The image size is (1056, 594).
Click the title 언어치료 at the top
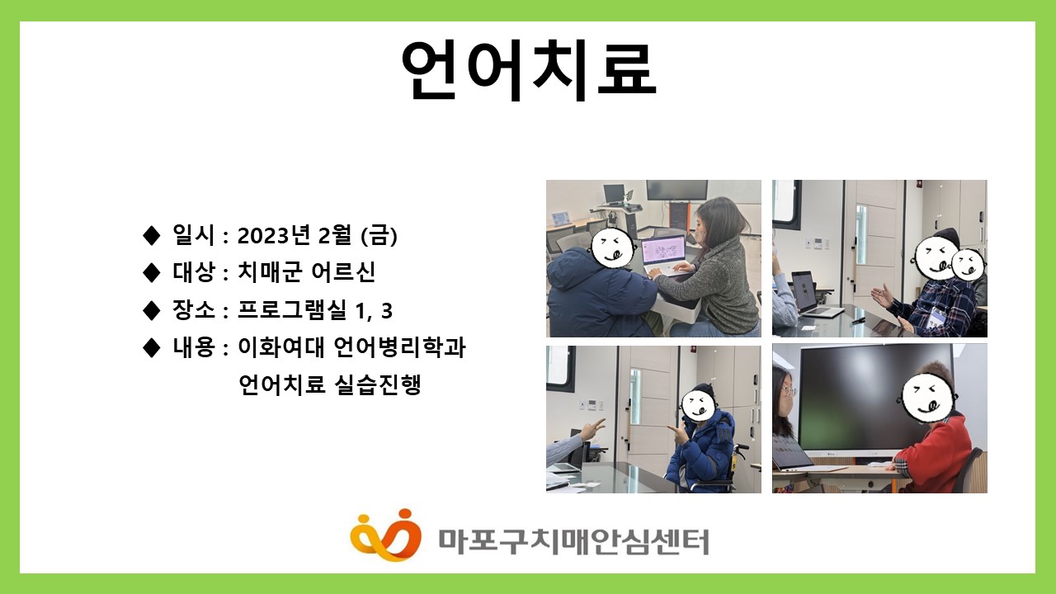click(x=529, y=70)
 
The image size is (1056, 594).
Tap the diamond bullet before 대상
click(x=151, y=273)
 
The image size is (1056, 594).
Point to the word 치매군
click(x=269, y=272)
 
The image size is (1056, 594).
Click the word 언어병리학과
click(x=400, y=347)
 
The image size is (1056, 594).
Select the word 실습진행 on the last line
click(x=377, y=384)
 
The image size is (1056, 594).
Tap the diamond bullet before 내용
click(x=151, y=348)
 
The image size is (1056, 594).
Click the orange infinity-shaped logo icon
click(x=385, y=535)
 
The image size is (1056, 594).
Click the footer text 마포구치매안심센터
click(x=573, y=542)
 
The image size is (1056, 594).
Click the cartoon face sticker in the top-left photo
click(x=612, y=247)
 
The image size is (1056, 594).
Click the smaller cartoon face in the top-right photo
click(x=968, y=265)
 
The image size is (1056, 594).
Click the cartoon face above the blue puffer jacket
click(x=699, y=405)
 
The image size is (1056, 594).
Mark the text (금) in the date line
click(x=379, y=235)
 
